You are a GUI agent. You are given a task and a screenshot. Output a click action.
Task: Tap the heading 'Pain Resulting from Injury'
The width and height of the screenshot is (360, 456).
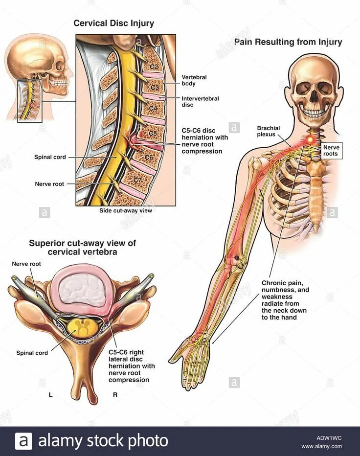288,42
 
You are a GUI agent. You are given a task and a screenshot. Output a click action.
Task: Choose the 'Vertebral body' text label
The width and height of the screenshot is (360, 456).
193,80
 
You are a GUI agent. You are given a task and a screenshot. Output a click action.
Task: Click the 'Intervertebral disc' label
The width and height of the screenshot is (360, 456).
200,101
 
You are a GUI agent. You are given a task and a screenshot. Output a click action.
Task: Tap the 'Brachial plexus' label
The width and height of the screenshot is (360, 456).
269,131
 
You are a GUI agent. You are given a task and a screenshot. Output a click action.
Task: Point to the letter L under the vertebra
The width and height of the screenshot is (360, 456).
51,394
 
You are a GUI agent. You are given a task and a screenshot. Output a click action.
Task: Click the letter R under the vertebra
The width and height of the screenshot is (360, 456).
115,394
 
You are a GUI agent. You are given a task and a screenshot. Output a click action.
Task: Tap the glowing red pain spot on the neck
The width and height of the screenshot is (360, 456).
310,140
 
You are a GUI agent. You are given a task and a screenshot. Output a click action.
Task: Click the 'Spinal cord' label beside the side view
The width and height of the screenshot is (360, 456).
50,157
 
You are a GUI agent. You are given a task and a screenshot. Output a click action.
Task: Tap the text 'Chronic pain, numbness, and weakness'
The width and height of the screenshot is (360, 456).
285,290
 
